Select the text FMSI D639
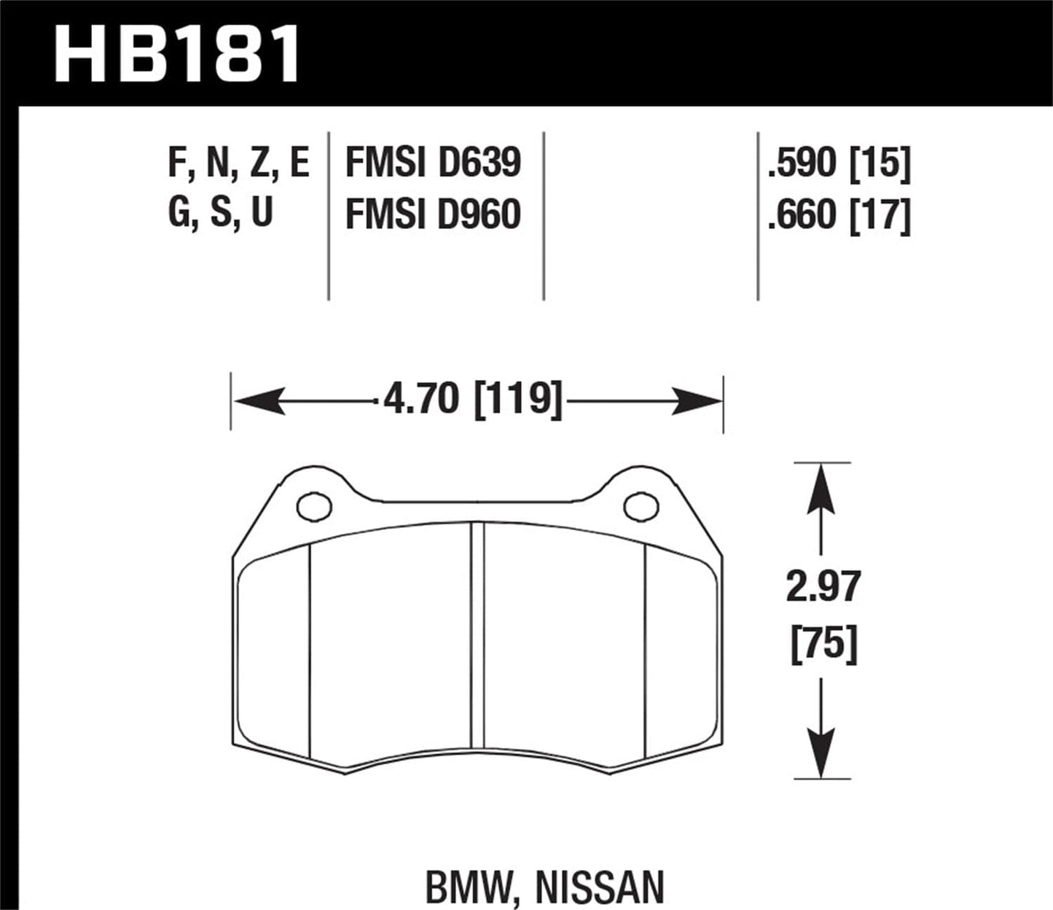[x=433, y=163]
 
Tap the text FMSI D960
[x=433, y=214]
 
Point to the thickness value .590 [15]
[x=839, y=163]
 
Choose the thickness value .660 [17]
[x=839, y=214]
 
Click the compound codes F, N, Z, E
[x=239, y=163]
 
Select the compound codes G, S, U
[x=220, y=213]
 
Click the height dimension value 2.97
[x=823, y=588]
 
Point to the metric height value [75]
[x=823, y=644]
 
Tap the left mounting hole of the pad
[x=314, y=506]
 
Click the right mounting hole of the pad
[x=641, y=506]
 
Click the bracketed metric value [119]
[x=519, y=400]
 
